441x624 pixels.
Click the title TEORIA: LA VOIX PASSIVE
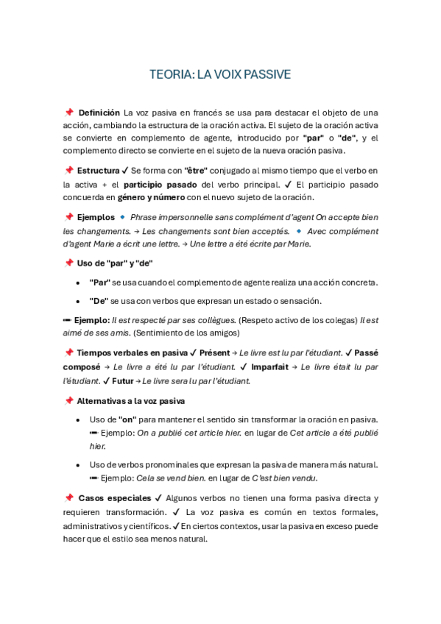point(220,74)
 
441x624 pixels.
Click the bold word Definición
point(99,113)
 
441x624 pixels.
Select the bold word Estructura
point(98,171)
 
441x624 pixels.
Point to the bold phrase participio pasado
point(155,184)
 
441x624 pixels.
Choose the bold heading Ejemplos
point(96,218)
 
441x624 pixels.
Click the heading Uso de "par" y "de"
point(115,263)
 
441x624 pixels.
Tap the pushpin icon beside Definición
point(69,113)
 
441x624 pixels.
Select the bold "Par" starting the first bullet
point(100,283)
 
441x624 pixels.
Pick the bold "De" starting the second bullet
point(99,301)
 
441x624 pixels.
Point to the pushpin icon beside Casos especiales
point(69,498)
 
